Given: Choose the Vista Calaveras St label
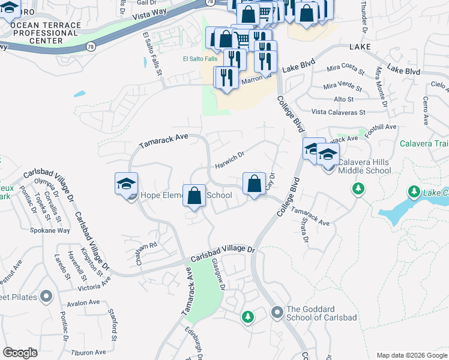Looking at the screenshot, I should tap(338, 112).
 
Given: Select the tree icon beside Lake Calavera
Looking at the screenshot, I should tap(414, 192).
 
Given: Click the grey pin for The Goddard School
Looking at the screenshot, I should tap(277, 311).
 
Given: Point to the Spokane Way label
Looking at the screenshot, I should tap(51, 230).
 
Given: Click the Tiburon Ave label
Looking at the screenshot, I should tap(90, 352).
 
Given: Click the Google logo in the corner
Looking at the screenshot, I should tap(19, 353).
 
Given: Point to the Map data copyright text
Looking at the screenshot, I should tap(411, 355).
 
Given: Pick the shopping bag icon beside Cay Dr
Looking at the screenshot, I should tap(255, 184).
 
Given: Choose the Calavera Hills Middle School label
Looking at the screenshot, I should tap(364, 166).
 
